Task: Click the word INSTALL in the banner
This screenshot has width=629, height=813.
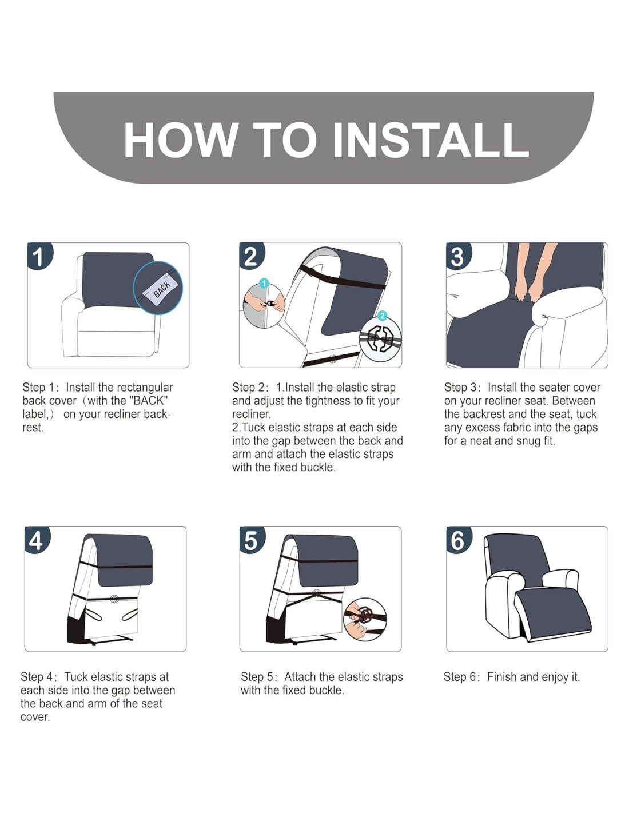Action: click(431, 140)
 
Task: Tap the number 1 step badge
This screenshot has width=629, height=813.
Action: click(39, 256)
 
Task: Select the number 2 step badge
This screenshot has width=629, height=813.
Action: click(252, 256)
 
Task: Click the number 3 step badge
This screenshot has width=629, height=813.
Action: click(459, 256)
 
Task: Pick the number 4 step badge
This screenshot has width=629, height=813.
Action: click(37, 540)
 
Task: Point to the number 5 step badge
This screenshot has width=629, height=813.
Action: click(252, 540)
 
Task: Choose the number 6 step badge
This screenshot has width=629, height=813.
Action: click(459, 540)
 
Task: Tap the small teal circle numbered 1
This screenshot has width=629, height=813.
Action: click(264, 284)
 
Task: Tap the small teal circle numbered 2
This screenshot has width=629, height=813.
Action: click(381, 316)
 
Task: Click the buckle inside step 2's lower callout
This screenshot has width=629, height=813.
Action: click(380, 340)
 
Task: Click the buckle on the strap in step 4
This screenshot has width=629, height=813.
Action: click(114, 599)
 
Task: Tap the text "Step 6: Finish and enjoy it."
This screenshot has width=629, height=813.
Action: click(512, 677)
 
